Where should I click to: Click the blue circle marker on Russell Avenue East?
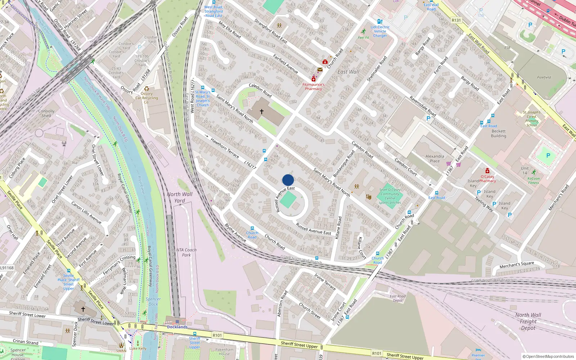coord(288,180)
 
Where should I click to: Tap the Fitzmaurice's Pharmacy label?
coord(313,87)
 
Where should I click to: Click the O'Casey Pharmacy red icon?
coord(487,171)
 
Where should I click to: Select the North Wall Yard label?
coord(180,197)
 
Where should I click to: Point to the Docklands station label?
coord(177,327)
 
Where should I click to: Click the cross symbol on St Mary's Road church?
coord(262,112)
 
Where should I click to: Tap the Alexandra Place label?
coord(435,158)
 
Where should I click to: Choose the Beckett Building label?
coord(499,134)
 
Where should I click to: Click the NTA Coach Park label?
coord(186,252)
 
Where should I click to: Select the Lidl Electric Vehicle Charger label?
coord(380,31)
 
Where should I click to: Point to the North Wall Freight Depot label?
coord(528,321)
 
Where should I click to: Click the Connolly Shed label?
coord(46,113)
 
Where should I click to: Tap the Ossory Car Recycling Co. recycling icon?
coord(147,89)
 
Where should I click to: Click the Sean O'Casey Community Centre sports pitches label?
coord(390,196)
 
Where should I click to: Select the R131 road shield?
coord(456,21)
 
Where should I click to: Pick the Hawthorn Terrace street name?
coord(225,149)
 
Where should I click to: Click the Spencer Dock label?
coord(153,301)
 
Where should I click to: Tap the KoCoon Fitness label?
coord(534,180)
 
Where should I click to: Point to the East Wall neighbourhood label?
coord(348,72)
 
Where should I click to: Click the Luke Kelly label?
coord(138,348)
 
